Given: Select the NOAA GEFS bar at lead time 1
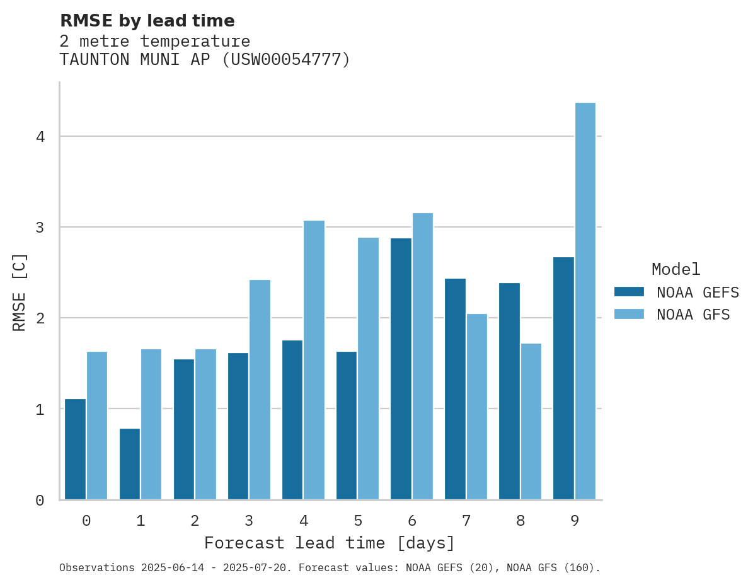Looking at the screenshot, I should (x=130, y=464).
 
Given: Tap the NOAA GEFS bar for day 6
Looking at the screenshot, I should (x=401, y=369).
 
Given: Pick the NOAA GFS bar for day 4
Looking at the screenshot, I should (x=314, y=360).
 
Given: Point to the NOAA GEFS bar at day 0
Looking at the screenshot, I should (x=76, y=449).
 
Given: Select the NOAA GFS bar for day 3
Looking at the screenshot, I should (x=260, y=390).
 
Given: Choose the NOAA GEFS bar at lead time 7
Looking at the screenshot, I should (x=455, y=389).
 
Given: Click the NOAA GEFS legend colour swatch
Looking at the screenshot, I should (x=629, y=292).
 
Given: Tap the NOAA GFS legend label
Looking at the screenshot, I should (x=693, y=315).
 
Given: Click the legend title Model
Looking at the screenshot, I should (x=675, y=270).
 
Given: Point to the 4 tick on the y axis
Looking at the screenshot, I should (x=40, y=137).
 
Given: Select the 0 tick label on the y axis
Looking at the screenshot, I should (x=40, y=501).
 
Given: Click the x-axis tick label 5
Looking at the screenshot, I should (x=358, y=521).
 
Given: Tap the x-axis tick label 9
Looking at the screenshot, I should (x=575, y=521).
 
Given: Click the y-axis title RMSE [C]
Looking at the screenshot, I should (x=20, y=292).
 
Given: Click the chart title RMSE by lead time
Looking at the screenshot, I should (x=147, y=21).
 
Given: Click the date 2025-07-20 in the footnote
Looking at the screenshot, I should (x=263, y=568).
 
